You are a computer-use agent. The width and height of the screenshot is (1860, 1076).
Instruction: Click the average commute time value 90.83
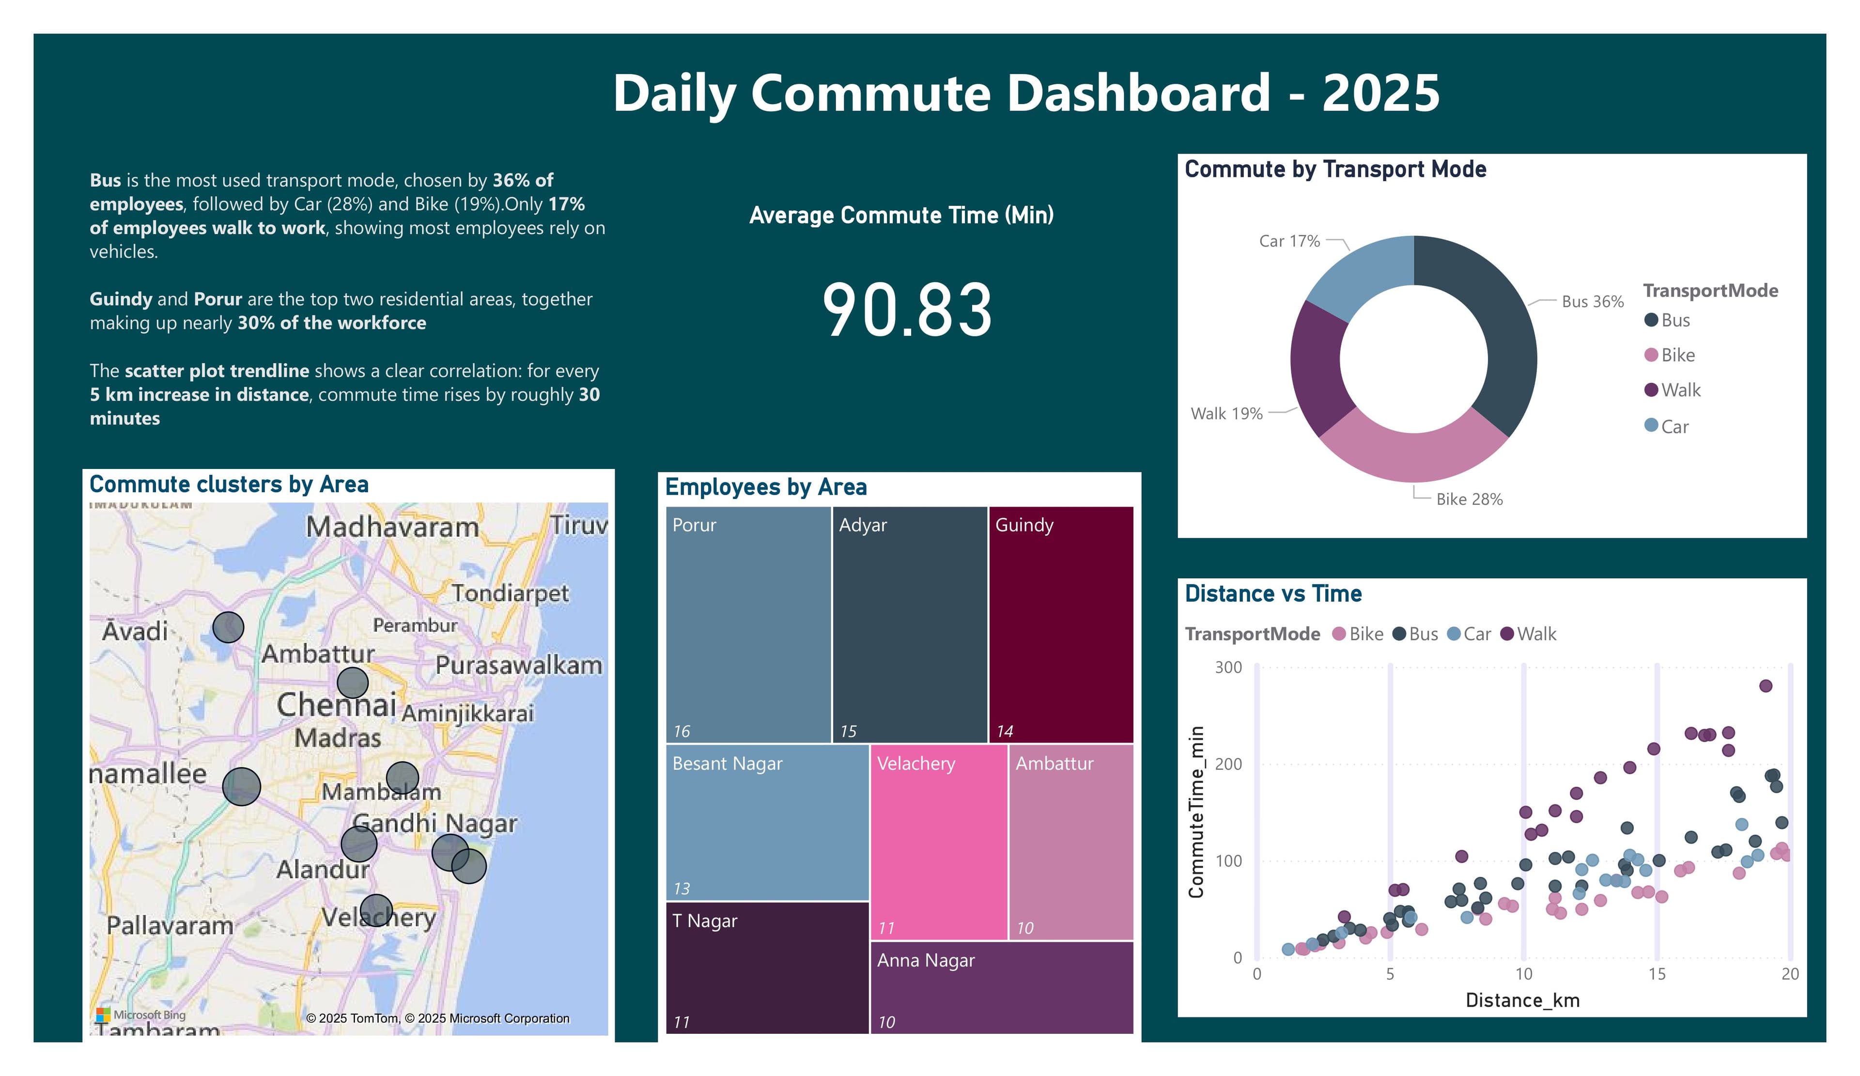907,311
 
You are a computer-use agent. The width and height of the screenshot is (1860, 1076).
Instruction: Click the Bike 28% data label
1469,499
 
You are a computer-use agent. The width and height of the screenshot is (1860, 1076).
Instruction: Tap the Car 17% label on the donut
1289,241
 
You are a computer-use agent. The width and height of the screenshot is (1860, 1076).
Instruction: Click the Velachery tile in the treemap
938,842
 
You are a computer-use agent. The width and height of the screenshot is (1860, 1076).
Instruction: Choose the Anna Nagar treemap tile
1001,987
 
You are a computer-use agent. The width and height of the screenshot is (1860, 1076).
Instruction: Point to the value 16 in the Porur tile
681,732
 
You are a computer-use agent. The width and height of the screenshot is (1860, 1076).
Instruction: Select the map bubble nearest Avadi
228,627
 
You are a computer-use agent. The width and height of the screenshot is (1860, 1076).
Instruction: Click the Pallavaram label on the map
170,925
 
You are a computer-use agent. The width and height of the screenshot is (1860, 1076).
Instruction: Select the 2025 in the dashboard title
1380,94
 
